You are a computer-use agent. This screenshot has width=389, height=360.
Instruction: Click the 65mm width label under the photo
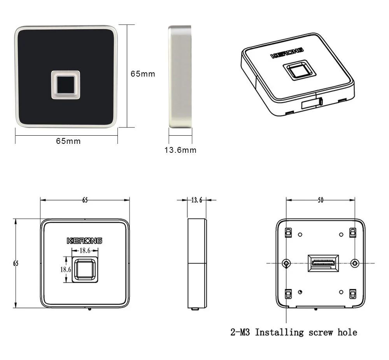click(x=68, y=141)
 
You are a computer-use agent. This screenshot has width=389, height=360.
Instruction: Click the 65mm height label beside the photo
click(x=143, y=74)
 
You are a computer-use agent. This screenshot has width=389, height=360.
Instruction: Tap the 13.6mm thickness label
click(x=180, y=150)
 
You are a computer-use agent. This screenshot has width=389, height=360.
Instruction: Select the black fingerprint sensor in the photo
click(x=65, y=84)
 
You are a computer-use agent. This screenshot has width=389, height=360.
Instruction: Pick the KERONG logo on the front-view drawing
click(x=84, y=241)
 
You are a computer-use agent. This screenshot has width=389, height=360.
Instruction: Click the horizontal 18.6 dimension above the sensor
click(x=85, y=251)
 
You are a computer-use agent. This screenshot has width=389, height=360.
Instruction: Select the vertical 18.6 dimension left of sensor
click(x=65, y=269)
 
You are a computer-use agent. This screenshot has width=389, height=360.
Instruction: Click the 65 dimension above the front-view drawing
click(x=85, y=200)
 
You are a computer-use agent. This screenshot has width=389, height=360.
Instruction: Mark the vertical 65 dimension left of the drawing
click(x=16, y=263)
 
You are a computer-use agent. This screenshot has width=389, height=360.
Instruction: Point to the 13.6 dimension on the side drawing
click(x=197, y=200)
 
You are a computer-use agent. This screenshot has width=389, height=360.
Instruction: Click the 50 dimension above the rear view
click(x=320, y=200)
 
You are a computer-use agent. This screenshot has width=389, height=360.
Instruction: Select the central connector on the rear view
click(x=323, y=263)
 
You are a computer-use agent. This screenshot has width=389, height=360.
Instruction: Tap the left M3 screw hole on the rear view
click(x=286, y=263)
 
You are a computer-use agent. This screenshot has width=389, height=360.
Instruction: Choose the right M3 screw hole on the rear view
click(x=354, y=263)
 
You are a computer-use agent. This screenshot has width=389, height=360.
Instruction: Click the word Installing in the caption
click(x=279, y=332)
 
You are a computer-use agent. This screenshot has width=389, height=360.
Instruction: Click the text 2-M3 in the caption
click(x=241, y=332)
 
